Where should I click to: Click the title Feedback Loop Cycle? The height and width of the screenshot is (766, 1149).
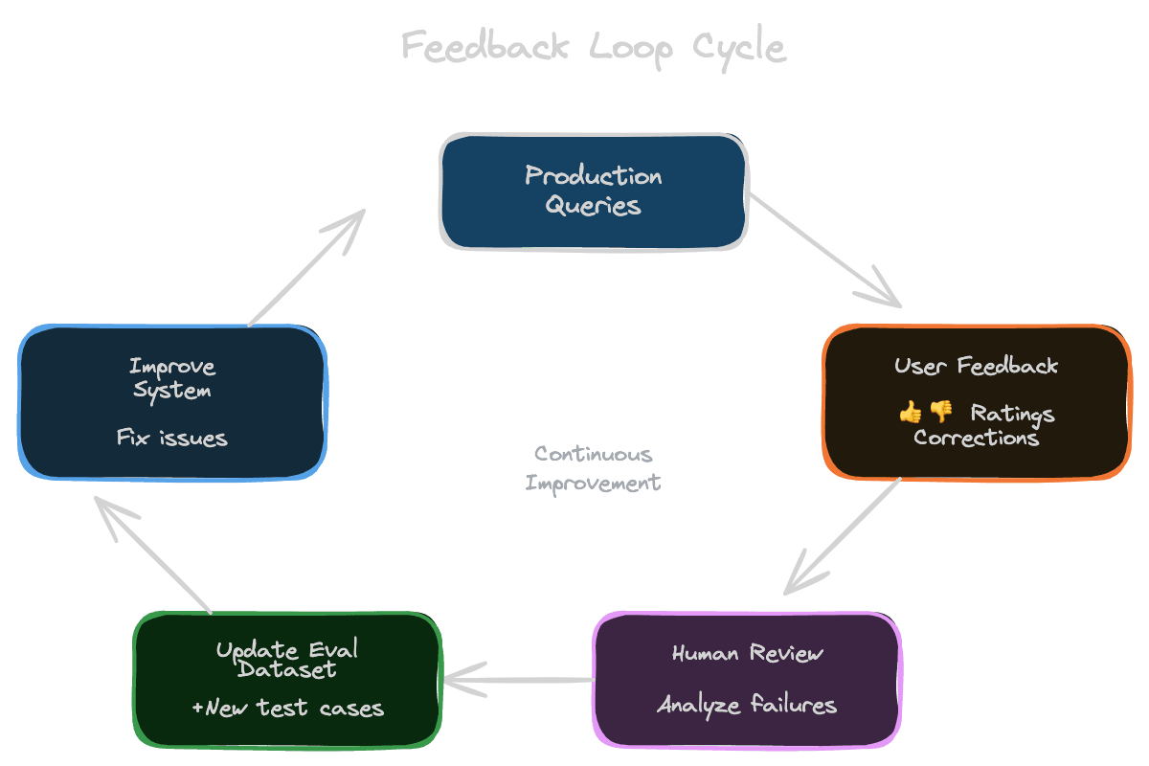point(594,46)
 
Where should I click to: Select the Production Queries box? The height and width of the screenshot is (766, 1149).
point(594,191)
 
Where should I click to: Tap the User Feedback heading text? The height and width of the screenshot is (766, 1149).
point(976,366)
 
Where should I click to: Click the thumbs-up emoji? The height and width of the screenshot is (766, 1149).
point(910,413)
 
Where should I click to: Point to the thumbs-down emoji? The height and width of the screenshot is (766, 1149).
point(941,413)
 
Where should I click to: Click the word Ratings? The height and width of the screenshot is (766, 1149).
point(1012,414)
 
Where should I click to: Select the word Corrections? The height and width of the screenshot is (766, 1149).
point(976,438)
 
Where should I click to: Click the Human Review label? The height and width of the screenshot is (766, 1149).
point(747,654)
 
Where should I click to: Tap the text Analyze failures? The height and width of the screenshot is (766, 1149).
point(747,706)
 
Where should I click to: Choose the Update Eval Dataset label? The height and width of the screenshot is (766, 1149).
point(286,659)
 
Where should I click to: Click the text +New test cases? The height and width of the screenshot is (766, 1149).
point(287,709)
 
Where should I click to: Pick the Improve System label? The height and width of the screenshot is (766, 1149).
point(172,378)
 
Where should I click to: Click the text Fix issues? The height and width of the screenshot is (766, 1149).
point(172,439)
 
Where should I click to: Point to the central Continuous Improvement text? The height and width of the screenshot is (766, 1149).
point(594,468)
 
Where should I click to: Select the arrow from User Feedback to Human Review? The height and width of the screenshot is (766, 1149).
point(843,536)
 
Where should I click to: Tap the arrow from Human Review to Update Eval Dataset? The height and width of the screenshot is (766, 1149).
point(517,681)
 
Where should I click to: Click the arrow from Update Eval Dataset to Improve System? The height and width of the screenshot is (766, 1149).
point(153,554)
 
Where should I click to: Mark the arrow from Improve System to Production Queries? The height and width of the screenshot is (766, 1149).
point(306,268)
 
